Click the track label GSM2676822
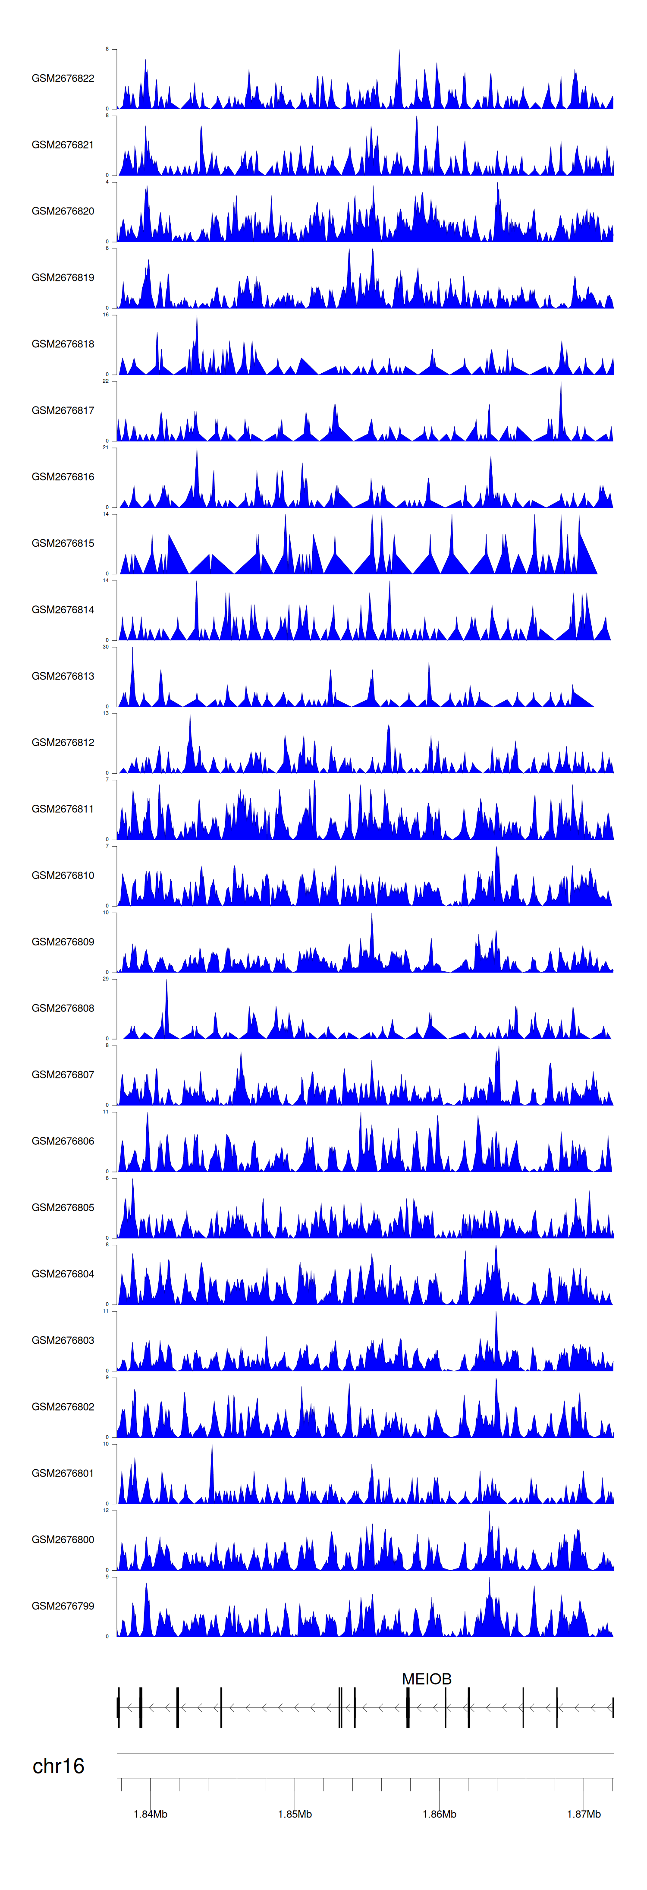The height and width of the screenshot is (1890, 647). coord(63,79)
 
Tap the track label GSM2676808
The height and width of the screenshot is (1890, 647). coord(63,1008)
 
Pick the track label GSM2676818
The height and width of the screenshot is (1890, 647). coord(63,344)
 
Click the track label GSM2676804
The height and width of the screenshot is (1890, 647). coord(63,1274)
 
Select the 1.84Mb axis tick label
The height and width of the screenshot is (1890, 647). coord(151,1814)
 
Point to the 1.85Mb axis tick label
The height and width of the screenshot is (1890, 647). coord(295,1814)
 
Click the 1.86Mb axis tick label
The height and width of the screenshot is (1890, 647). coord(440,1814)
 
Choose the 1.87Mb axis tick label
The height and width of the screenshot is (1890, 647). coord(584,1814)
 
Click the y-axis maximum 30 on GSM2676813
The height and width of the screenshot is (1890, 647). coord(106,647)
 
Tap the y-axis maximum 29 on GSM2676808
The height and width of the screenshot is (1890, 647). coord(106,979)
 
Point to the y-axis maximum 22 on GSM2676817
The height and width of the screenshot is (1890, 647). coord(106,381)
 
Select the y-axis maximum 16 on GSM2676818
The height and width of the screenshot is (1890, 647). coord(106,315)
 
